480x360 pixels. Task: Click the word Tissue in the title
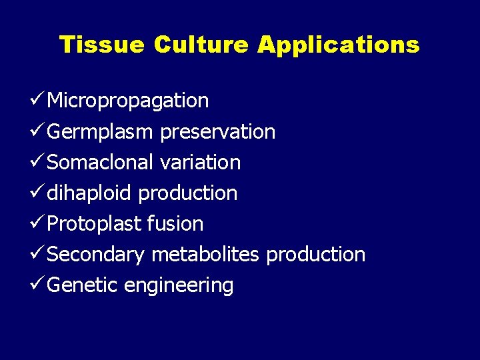pyautogui.click(x=101, y=45)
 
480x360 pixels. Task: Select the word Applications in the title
pyautogui.click(x=339, y=45)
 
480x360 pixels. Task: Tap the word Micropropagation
pyautogui.click(x=128, y=101)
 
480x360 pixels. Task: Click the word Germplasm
pyautogui.click(x=101, y=132)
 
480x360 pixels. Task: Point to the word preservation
pyautogui.click(x=217, y=132)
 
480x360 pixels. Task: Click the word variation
pyautogui.click(x=200, y=163)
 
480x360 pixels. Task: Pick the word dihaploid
pyautogui.click(x=90, y=193)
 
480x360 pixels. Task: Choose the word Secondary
pyautogui.click(x=97, y=255)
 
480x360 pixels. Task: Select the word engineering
pyautogui.click(x=179, y=285)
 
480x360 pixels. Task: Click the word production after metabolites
pyautogui.click(x=315, y=255)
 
